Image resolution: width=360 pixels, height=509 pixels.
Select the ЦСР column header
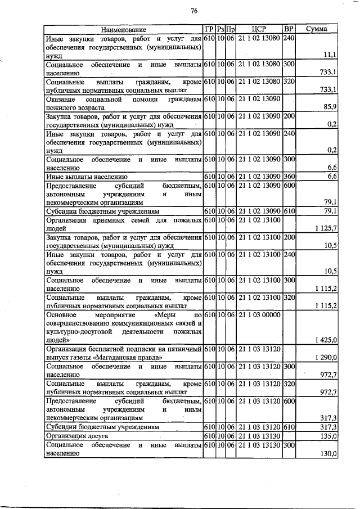click(259, 29)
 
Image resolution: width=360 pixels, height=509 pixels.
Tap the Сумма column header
click(317, 29)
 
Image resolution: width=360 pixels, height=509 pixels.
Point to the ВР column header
click(289, 29)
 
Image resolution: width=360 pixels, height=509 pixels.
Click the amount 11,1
click(330, 55)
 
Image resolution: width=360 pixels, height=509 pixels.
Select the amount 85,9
click(330, 106)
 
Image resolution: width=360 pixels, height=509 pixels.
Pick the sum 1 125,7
click(326, 227)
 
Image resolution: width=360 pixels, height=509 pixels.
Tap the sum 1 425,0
click(326, 340)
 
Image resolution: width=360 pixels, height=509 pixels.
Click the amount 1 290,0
click(326, 357)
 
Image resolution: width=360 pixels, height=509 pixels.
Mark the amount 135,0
click(328, 435)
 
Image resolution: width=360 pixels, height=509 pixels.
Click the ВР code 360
click(289, 176)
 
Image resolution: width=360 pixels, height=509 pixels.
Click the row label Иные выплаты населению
click(84, 176)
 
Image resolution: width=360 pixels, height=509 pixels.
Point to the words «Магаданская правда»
click(131, 357)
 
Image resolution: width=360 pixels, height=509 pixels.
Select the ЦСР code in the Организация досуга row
click(259, 435)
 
